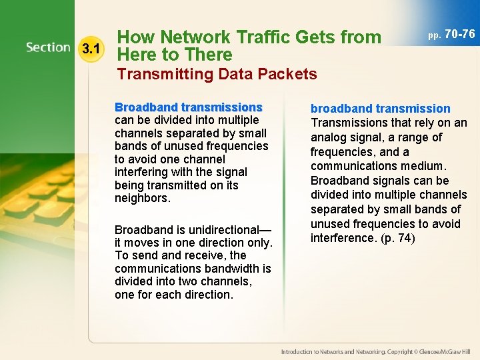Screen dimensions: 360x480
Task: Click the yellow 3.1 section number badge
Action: [x=90, y=48]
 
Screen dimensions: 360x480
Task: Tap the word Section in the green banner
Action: [x=49, y=47]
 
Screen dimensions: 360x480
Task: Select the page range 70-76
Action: [x=459, y=33]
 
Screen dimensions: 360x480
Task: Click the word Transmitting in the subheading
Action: [x=157, y=74]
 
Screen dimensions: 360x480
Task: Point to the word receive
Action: [x=207, y=255]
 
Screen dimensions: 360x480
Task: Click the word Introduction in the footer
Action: [x=298, y=351]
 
